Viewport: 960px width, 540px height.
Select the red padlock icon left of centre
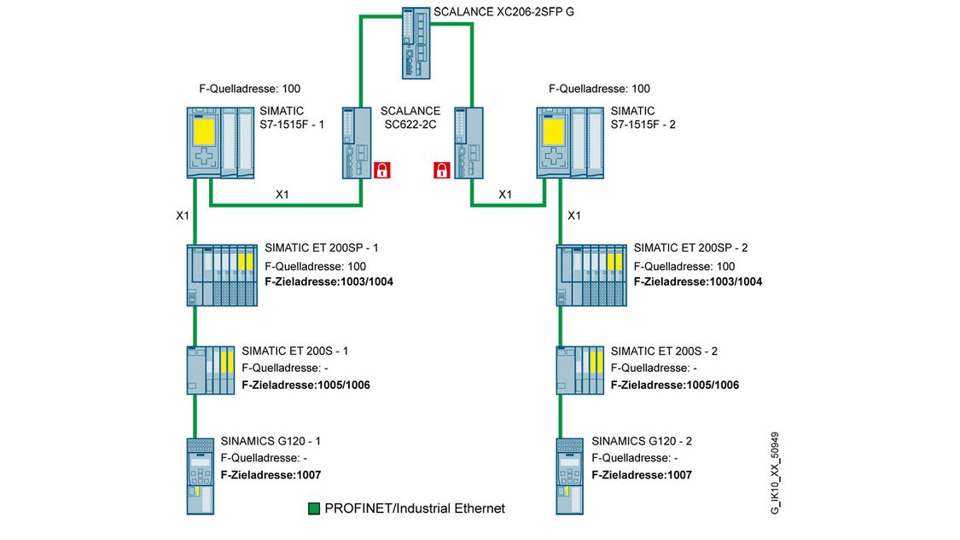coord(381,169)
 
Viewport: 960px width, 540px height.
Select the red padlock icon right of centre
coord(441,169)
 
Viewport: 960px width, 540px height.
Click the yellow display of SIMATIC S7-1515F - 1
coord(205,132)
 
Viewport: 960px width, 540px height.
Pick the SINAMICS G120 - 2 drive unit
coord(569,475)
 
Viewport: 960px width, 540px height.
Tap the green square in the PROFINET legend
coord(314,508)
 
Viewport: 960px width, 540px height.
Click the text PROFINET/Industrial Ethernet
coord(415,508)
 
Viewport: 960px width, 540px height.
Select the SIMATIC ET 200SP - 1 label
coord(322,248)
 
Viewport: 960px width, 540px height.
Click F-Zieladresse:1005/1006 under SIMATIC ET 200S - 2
coord(675,385)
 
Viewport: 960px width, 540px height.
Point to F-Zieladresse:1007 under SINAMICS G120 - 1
coord(271,475)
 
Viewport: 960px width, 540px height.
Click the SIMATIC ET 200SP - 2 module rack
coord(592,275)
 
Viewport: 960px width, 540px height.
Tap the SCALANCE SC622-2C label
coord(410,119)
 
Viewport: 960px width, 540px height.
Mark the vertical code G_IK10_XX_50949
coord(774,470)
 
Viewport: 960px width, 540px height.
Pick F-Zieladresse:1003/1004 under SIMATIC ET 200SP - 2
coord(698,282)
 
